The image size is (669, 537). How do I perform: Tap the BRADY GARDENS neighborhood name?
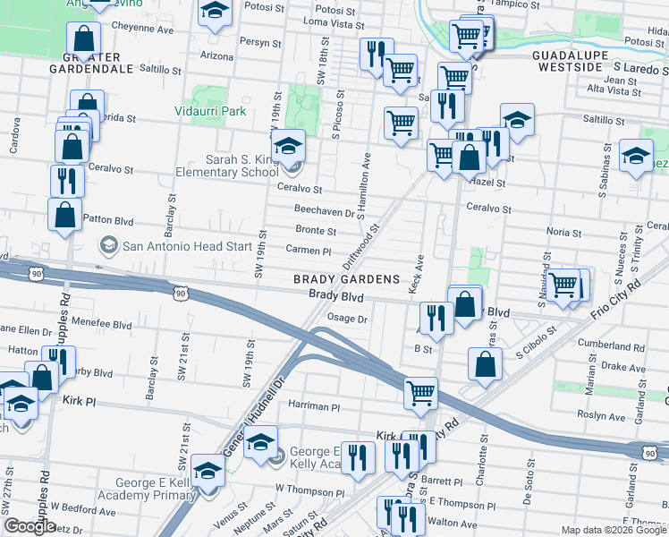tap(347, 279)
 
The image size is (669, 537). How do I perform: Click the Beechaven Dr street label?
tap(325, 210)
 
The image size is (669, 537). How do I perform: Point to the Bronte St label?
tap(315, 231)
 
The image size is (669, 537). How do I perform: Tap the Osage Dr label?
tap(348, 319)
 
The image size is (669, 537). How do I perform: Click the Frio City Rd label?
tap(616, 301)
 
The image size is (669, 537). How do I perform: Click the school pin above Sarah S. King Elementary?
tap(288, 145)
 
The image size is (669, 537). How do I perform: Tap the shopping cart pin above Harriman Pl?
tap(420, 392)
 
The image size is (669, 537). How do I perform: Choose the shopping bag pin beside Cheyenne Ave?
tap(83, 39)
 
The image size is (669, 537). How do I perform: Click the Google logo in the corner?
tap(30, 526)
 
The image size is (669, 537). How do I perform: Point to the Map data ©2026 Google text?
tap(613, 530)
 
